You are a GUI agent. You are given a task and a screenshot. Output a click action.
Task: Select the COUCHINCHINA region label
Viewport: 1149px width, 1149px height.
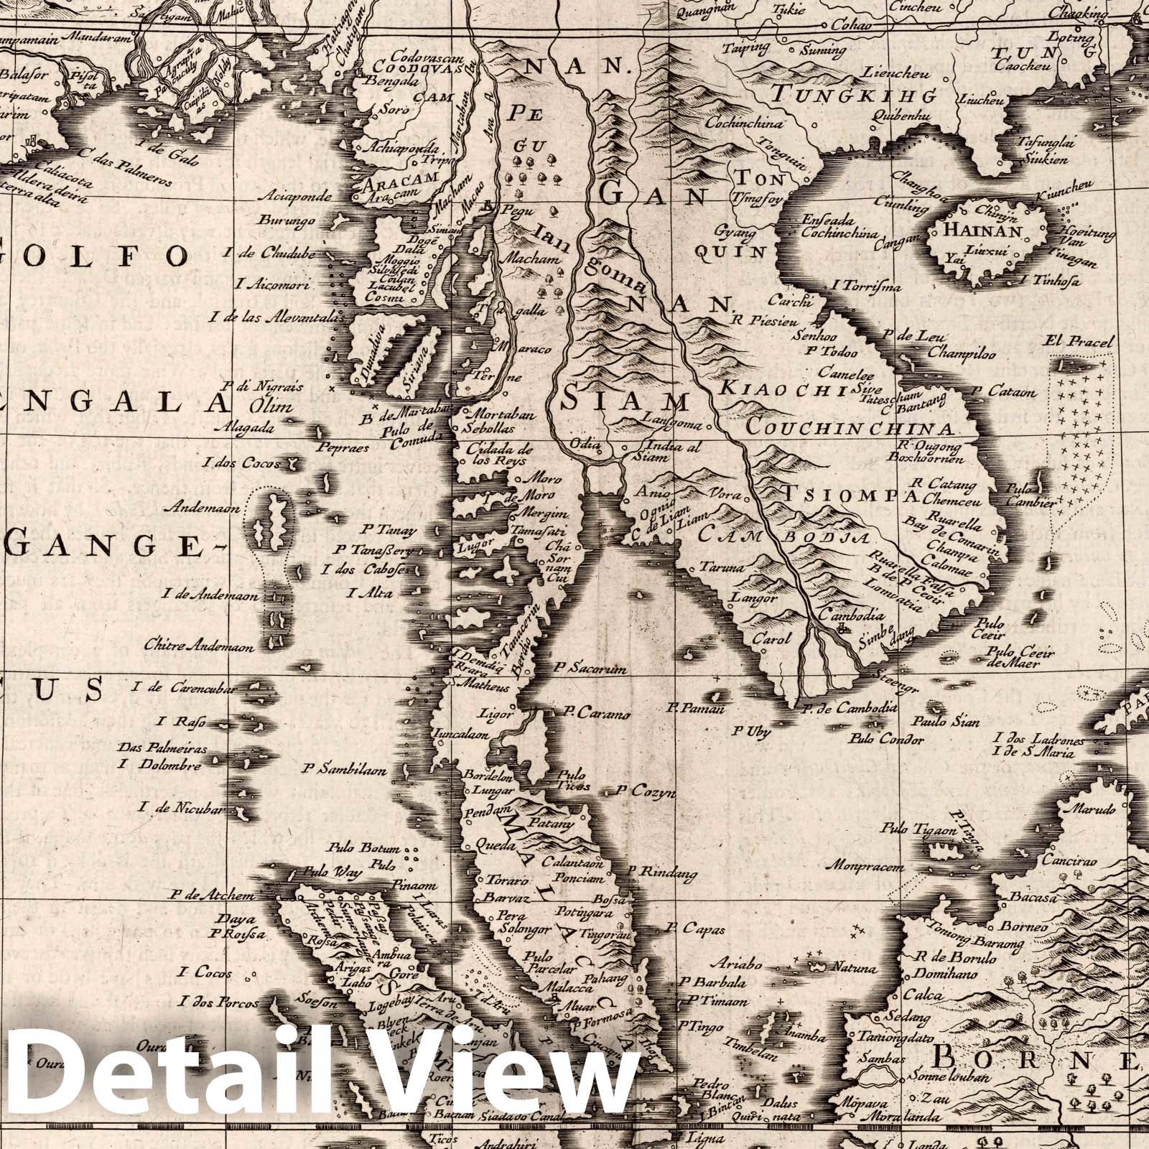(851, 429)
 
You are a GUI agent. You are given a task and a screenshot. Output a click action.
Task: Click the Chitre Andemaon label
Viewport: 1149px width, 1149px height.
(200, 646)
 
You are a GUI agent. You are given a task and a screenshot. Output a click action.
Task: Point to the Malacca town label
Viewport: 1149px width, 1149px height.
(564, 987)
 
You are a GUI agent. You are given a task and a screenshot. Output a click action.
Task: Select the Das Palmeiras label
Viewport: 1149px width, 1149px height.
(163, 749)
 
